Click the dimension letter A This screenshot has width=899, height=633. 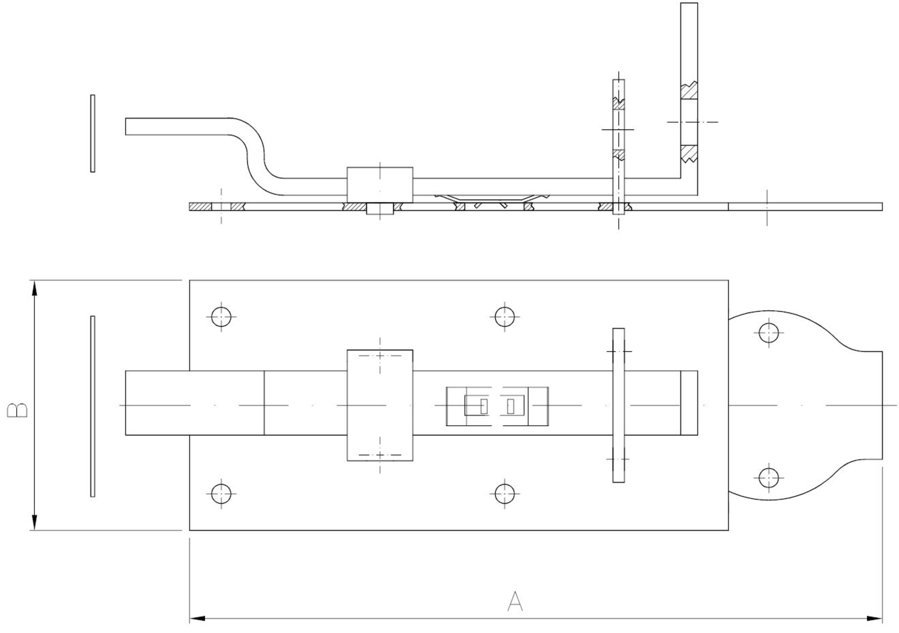click(515, 602)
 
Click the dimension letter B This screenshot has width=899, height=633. click(18, 410)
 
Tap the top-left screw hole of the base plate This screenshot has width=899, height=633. click(221, 317)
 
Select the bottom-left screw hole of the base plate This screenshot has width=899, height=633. click(221, 494)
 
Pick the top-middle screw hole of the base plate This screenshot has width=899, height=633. click(504, 317)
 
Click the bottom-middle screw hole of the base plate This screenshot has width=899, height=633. click(504, 494)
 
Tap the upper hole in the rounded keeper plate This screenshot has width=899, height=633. click(769, 333)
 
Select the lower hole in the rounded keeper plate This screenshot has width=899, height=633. click(769, 478)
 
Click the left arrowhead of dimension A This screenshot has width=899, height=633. click(197, 619)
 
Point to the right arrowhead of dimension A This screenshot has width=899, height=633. click(875, 619)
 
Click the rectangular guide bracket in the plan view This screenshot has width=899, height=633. click(380, 405)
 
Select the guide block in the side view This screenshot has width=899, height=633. click(380, 185)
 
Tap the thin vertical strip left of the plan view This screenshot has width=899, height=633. click(93, 406)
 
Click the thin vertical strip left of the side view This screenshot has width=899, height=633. click(93, 133)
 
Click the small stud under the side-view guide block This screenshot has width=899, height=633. click(380, 208)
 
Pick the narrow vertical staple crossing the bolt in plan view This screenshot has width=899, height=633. click(619, 405)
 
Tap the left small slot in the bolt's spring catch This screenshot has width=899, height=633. click(484, 406)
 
